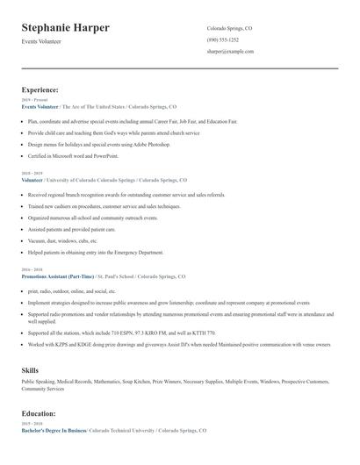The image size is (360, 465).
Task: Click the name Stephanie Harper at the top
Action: pyautogui.click(x=65, y=28)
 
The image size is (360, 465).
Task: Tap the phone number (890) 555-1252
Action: pyautogui.click(x=222, y=39)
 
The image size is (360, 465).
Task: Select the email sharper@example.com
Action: pyautogui.click(x=230, y=52)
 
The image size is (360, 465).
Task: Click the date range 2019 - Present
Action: pyautogui.click(x=35, y=99)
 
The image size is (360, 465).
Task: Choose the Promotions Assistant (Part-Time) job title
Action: pyautogui.click(x=58, y=275)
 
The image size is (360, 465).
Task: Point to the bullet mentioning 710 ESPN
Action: pyautogui.click(x=114, y=333)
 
